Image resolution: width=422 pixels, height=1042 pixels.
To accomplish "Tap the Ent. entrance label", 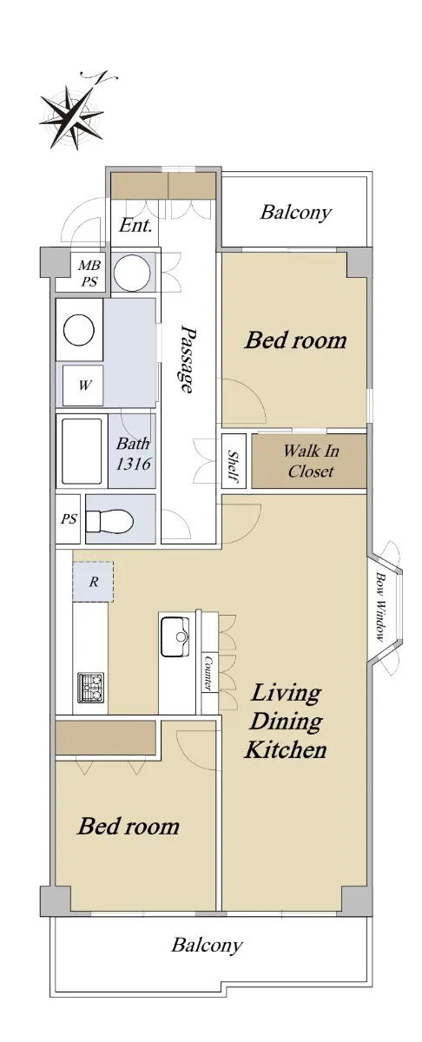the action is tap(135, 226).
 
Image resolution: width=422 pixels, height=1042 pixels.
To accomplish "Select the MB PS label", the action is tap(89, 274).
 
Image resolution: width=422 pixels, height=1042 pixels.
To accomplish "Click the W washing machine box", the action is tap(82, 386).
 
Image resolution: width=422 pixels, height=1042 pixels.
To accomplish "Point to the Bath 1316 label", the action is tap(133, 453).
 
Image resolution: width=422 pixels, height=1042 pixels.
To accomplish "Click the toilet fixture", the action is tap(109, 519).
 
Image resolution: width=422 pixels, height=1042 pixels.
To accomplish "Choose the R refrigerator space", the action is tap(93, 582).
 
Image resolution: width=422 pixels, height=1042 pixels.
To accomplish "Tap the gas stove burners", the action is tap(90, 687).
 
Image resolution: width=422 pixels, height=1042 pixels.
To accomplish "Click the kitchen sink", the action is tap(174, 636).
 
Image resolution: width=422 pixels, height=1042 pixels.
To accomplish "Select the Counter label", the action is tap(208, 673).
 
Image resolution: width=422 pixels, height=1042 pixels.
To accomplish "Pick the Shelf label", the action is tap(234, 466).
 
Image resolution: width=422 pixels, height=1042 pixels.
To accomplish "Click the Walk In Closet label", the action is tap(311, 461).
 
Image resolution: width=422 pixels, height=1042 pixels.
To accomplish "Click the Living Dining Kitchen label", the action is tap(286, 722).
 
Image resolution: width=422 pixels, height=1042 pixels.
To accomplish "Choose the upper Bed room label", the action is tap(296, 340).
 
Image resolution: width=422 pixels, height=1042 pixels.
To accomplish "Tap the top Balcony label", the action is tap(296, 213).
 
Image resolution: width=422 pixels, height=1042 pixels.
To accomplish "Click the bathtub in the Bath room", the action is tap(82, 452).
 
